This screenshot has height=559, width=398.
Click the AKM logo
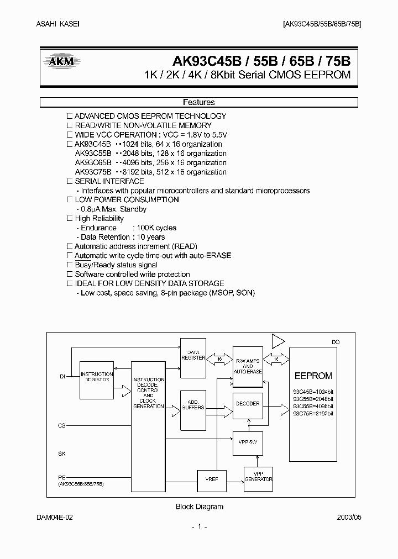pos(62,62)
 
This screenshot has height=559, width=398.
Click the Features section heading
pos(198,102)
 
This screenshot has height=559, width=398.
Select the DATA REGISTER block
pos(193,355)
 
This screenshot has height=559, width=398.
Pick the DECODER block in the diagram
pos(248,404)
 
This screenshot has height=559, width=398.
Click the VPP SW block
pos(248,442)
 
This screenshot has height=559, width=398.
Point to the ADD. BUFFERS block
pos(193,405)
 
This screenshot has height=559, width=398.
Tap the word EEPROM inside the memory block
pos(313,376)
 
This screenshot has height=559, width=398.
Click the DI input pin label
pos(62,376)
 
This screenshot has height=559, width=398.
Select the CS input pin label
pos(61,426)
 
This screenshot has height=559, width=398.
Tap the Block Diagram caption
pos(199,507)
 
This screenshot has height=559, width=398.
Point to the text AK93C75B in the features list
pos(93,172)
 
